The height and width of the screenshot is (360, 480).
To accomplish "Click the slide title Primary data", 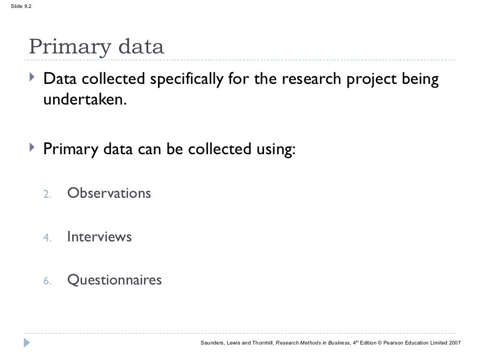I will click(x=97, y=47).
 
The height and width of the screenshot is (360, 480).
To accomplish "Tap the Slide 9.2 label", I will click(x=16, y=6).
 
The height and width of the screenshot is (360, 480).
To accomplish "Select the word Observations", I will click(x=109, y=193).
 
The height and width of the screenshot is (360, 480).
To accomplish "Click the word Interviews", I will click(x=99, y=237).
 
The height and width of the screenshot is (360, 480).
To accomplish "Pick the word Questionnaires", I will click(x=114, y=280).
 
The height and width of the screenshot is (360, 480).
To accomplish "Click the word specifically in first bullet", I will click(x=186, y=81).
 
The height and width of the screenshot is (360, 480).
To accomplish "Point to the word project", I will click(x=370, y=81).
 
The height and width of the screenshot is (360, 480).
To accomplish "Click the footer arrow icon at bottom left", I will click(x=27, y=343).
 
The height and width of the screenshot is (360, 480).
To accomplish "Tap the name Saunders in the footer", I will click(x=213, y=343).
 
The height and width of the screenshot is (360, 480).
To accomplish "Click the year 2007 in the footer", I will click(x=454, y=343).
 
